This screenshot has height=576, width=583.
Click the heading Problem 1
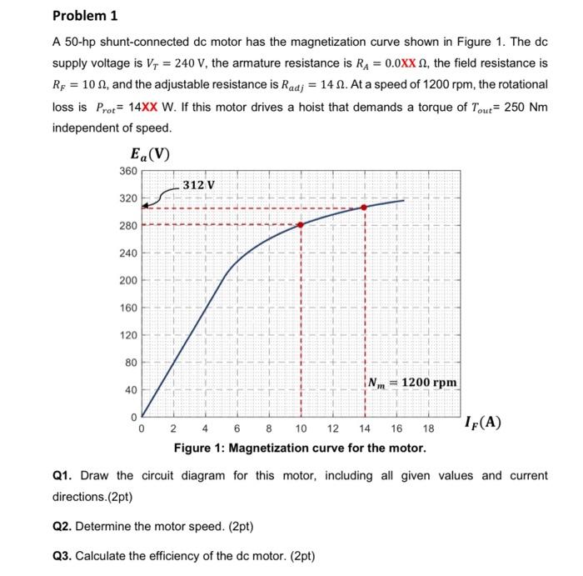coord(85,16)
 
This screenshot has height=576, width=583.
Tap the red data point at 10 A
coord(301,224)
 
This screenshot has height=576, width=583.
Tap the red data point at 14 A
coord(364,208)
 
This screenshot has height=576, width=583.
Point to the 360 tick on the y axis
coord(127,171)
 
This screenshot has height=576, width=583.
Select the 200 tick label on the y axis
coord(127,280)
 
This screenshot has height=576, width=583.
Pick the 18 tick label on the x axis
coord(428,430)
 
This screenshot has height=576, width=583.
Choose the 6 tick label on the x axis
coord(237,430)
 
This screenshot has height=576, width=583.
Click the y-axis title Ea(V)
coord(150,153)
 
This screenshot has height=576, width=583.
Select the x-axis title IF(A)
coord(483,422)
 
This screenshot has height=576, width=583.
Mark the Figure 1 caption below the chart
coord(299,448)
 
